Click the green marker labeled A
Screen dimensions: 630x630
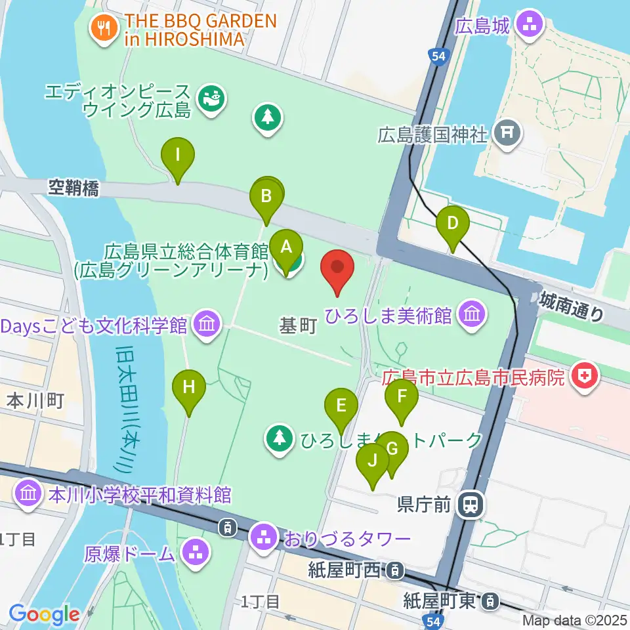286,247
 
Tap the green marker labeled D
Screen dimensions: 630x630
452,223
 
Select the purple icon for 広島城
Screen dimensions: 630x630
528,26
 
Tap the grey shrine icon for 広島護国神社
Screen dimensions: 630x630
507,135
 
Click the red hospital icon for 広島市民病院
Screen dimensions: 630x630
581,377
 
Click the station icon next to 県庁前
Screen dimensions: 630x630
470,504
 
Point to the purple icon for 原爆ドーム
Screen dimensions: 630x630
195,552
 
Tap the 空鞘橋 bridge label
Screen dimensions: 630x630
73,189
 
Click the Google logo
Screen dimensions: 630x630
43,614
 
